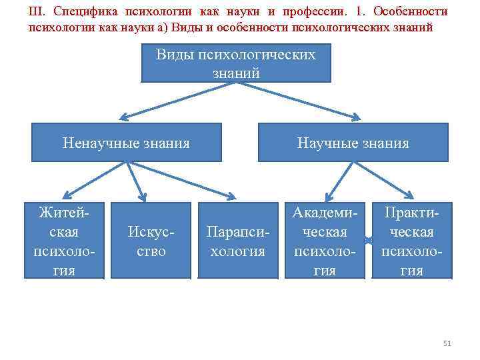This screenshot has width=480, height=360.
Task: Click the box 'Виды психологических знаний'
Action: pos(235,63)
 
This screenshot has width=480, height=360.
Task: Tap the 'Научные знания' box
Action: pos(353,143)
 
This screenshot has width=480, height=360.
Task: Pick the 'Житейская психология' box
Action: pos(64,241)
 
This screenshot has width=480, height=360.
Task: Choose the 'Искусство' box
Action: pos(151,241)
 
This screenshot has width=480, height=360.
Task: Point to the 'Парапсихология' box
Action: pos(237,241)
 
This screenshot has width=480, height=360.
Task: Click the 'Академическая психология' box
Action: pos(325,241)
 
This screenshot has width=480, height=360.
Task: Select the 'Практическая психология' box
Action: pos(411,241)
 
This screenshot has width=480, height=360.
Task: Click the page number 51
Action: pos(447,343)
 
